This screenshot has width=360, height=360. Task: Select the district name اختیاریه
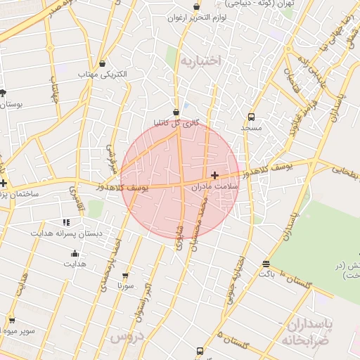[x=200, y=61]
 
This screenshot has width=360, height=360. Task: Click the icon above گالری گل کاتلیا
[x=176, y=111]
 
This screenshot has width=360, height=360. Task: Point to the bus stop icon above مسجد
[x=251, y=117]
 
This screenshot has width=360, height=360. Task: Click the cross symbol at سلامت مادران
[x=214, y=174]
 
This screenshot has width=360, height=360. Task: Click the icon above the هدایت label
[x=75, y=254]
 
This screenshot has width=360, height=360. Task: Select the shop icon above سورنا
[x=126, y=276]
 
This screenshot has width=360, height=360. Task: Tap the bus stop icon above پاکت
[x=266, y=264]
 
